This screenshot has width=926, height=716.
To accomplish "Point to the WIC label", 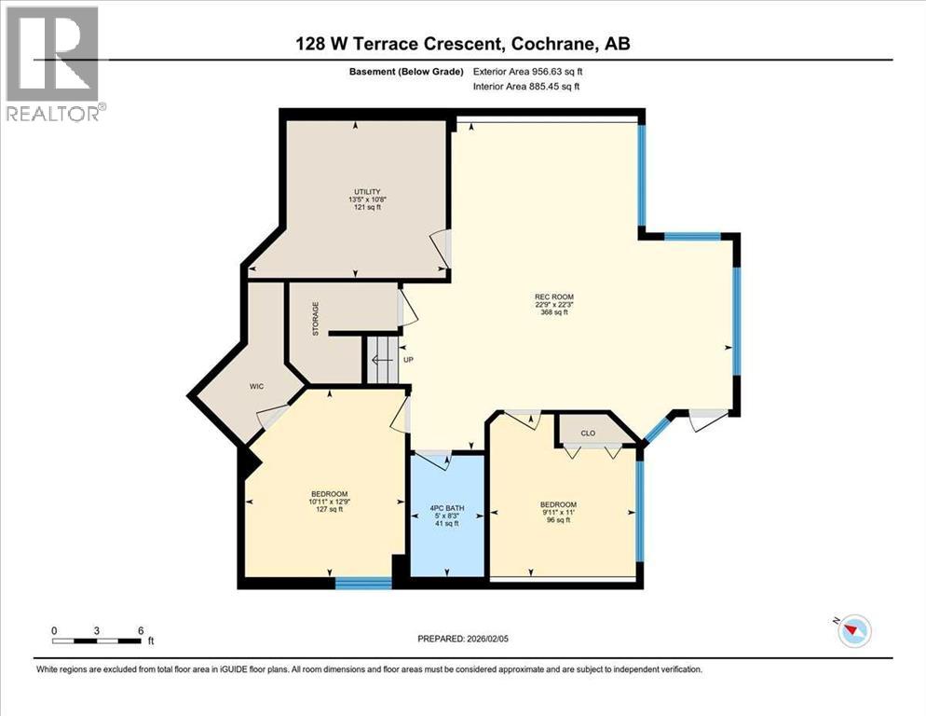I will click(258, 385).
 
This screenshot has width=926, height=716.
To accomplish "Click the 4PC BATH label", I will click(447, 508).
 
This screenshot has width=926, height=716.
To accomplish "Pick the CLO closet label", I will click(587, 433).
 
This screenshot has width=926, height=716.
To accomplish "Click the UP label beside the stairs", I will click(407, 360).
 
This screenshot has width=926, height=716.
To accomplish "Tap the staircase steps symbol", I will click(380, 360).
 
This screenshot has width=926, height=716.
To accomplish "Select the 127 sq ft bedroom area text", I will click(329, 509).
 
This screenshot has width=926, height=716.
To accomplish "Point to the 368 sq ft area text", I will click(553, 312).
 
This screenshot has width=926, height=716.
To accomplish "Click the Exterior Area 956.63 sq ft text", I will click(528, 71).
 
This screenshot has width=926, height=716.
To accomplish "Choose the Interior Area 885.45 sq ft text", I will click(526, 87).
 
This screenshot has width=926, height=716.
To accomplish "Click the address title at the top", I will click(463, 43).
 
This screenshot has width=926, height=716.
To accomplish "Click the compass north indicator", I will click(852, 631).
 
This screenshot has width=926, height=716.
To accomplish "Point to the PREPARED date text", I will click(463, 639).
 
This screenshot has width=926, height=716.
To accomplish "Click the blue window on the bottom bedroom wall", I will click(363, 584).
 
